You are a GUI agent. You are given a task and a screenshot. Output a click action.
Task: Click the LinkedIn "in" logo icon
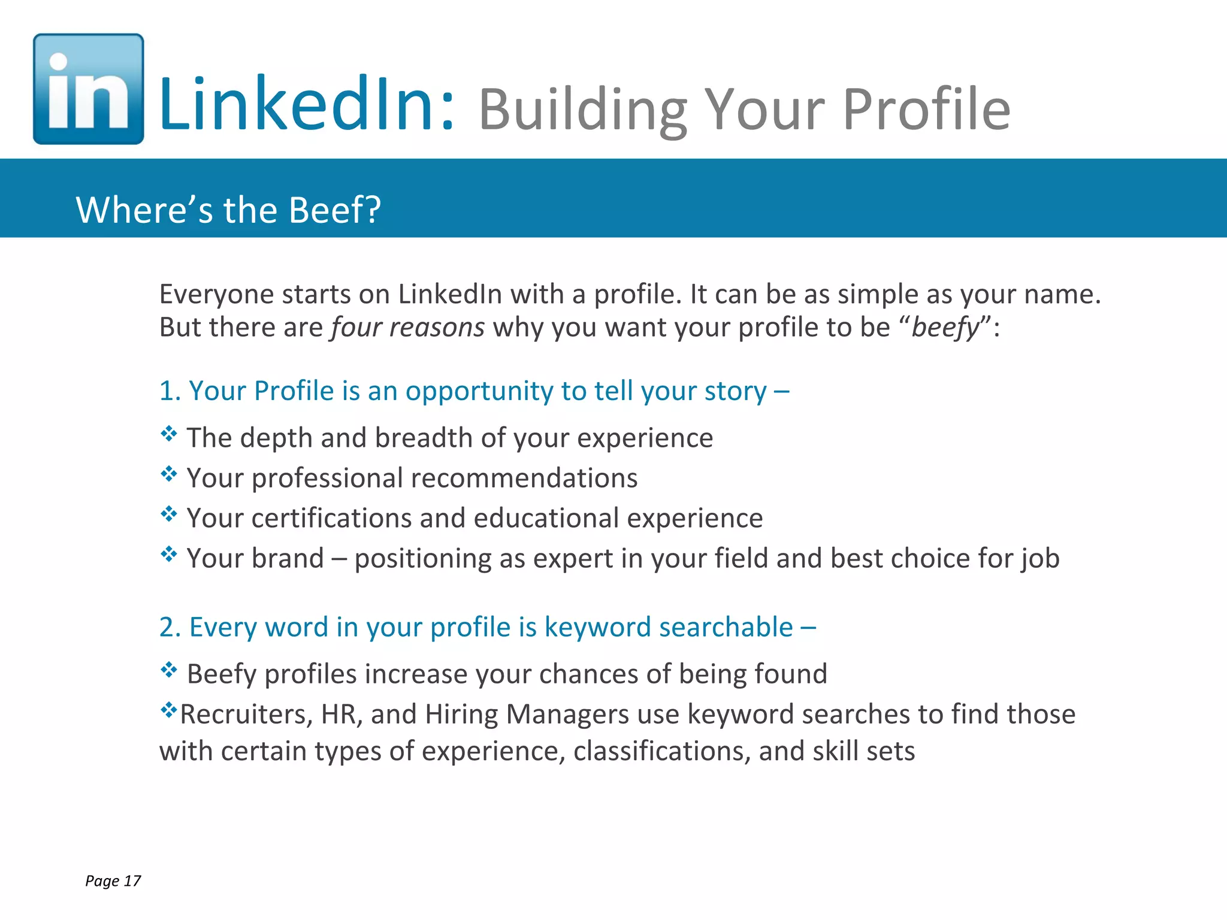pyautogui.click(x=88, y=89)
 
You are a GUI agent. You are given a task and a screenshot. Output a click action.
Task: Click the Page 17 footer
pyautogui.click(x=113, y=880)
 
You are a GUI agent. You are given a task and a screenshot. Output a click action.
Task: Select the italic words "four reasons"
pyautogui.click(x=407, y=327)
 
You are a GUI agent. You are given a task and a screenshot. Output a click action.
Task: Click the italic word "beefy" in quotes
pyautogui.click(x=945, y=328)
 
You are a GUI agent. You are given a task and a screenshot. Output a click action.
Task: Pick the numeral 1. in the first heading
pyautogui.click(x=170, y=391)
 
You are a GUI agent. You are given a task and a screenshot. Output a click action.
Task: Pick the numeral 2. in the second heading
pyautogui.click(x=170, y=627)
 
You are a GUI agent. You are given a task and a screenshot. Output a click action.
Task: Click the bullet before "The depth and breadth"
pyautogui.click(x=169, y=433)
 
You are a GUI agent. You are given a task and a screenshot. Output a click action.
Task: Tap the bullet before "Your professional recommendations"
pyautogui.click(x=169, y=474)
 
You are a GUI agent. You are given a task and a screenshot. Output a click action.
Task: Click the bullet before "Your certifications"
pyautogui.click(x=169, y=514)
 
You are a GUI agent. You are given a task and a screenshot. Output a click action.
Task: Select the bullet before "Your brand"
pyautogui.click(x=169, y=554)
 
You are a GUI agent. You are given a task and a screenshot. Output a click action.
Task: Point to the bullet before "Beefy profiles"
pyautogui.click(x=169, y=669)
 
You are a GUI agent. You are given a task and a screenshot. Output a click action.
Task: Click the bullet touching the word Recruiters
pyautogui.click(x=168, y=710)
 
